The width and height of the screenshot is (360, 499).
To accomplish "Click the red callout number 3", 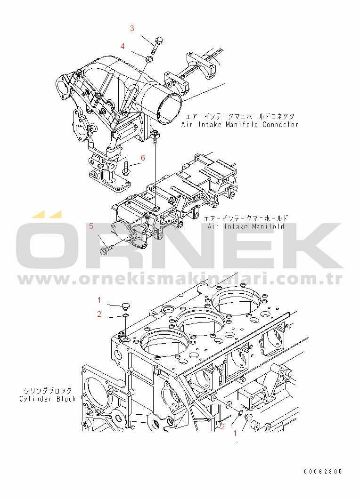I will click(x=132, y=28).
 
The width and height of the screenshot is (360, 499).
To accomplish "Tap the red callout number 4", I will click(x=123, y=46).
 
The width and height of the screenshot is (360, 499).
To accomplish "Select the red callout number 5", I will click(x=91, y=226).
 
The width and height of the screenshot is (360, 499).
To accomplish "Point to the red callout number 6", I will click(x=143, y=158).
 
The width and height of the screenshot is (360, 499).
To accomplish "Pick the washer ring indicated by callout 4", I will click(x=148, y=59).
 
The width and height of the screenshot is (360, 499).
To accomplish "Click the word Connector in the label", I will click(x=280, y=125).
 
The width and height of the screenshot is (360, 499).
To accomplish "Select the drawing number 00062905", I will click(x=323, y=471).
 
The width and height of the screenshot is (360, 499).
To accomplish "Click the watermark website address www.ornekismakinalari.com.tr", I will click(x=179, y=279).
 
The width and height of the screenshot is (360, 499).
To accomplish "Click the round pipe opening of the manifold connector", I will click(x=169, y=106).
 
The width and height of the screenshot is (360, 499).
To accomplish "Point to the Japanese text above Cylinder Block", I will click(x=48, y=391).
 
